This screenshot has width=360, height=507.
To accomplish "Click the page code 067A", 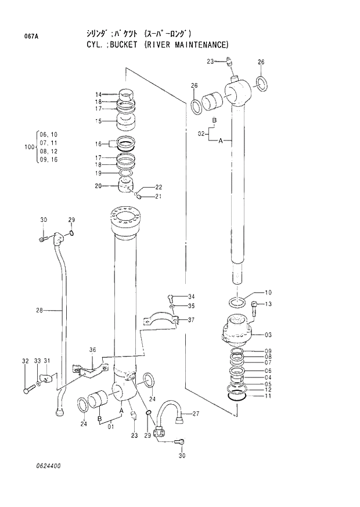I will tap(31, 36).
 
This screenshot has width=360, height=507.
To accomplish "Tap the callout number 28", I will tap(39, 311).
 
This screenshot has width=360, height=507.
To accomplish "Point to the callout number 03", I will tap(268, 335).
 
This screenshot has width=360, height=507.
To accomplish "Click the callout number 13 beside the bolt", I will tap(268, 304).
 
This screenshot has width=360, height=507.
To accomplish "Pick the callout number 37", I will tap(191, 320).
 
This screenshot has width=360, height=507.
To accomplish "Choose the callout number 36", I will tap(92, 350).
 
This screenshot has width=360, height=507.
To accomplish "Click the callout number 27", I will tap(196, 414).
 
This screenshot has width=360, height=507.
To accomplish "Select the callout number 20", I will tap(98, 186).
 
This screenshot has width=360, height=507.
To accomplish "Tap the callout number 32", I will tap(25, 361).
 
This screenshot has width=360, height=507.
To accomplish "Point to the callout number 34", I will tap(191, 297).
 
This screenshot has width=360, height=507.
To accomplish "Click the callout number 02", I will tap(201, 134).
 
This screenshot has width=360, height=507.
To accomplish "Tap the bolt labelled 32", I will tap(27, 389).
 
